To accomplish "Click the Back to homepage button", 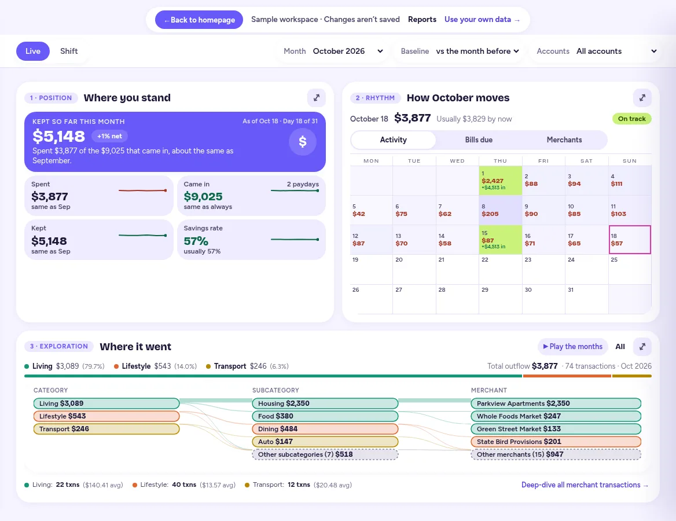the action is point(199,20).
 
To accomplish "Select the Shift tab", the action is point(69,52).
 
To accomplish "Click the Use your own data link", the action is point(482,20).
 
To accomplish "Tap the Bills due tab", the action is point(479,140).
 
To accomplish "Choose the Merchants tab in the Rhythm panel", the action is point(564,140).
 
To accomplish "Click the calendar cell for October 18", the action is point(630,239).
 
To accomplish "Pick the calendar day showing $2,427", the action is point(500,181).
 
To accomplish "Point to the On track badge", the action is point(631,119).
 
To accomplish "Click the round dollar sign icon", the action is point(303,141).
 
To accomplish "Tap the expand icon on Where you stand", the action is point(317,98).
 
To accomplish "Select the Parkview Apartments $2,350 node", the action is point(556,403).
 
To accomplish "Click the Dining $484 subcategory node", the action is point(325,429).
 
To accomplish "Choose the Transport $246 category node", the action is point(106,429).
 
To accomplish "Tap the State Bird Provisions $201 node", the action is point(556,442).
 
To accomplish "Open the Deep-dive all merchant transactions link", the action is point(585,485).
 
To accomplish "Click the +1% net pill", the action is point(109,136).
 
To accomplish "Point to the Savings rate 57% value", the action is point(196,241).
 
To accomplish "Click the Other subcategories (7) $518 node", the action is point(325,454).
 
